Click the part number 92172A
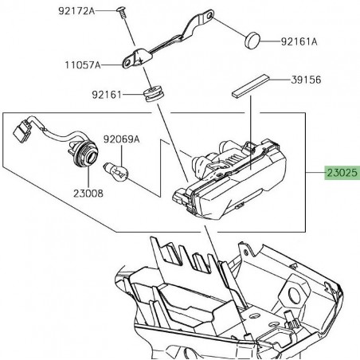click(76, 11)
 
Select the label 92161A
click(299, 41)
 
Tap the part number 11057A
click(83, 65)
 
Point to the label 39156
click(306, 80)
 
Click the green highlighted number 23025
click(342, 173)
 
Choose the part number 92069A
click(121, 139)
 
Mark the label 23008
click(88, 194)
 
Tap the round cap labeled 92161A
click(252, 40)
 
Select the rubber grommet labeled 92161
click(154, 93)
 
